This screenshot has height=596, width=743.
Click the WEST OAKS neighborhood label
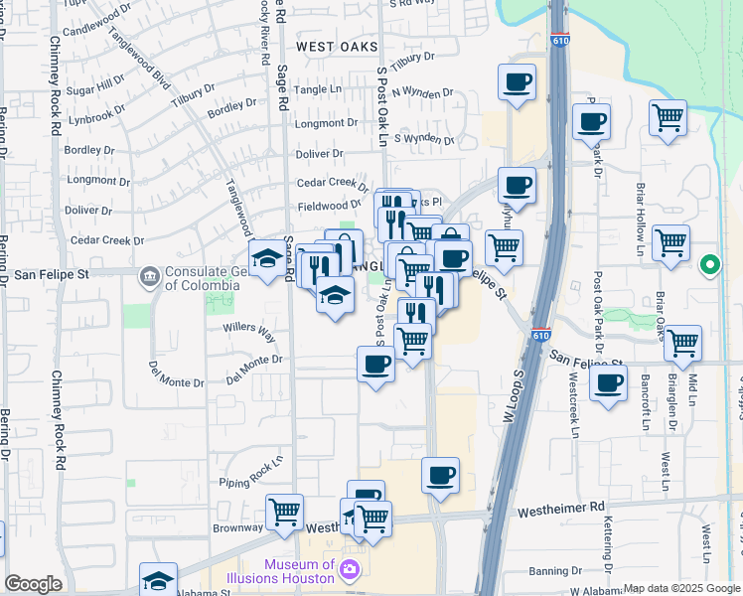coord(337,47)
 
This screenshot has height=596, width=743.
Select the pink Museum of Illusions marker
coord(349,569)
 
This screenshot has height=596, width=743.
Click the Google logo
coord(33,584)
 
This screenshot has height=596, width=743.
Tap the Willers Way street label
coord(249,327)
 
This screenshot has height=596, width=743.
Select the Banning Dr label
coord(555,570)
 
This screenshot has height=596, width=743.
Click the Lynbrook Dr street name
coord(98,115)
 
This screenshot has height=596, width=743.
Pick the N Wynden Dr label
coord(422,92)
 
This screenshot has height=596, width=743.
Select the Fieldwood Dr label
coord(329,206)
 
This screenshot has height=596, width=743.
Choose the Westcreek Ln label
coord(573,403)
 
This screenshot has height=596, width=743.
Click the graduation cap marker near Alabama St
coord(158,579)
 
